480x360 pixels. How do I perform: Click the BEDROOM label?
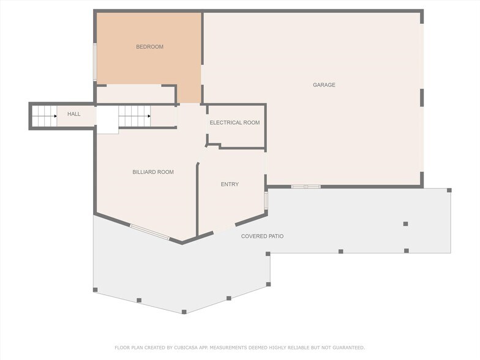pos(149,47)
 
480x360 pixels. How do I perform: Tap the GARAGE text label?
pos(324,85)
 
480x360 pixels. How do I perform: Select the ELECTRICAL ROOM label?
pos(234,122)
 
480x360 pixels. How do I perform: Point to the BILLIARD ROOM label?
pos(153,172)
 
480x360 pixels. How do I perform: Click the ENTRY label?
pos(230,184)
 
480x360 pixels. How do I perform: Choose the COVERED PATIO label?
pos(262,236)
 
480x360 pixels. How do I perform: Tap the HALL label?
pos(73,114)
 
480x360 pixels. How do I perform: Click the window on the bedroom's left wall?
pos(94,61)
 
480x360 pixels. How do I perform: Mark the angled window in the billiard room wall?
pos(149,232)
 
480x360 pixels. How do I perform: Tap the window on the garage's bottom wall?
pos(306,186)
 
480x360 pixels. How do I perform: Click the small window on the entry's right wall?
pos(266,201)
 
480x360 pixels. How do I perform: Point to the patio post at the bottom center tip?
pos(184,312)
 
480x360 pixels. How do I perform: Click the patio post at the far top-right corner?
pos(449,190)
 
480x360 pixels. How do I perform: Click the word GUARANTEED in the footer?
pos(347,348)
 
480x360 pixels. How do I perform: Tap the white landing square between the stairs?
pos(107,119)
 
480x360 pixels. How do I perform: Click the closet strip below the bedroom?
pos(135,94)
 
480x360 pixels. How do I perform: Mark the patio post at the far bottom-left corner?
pos(95,290)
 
